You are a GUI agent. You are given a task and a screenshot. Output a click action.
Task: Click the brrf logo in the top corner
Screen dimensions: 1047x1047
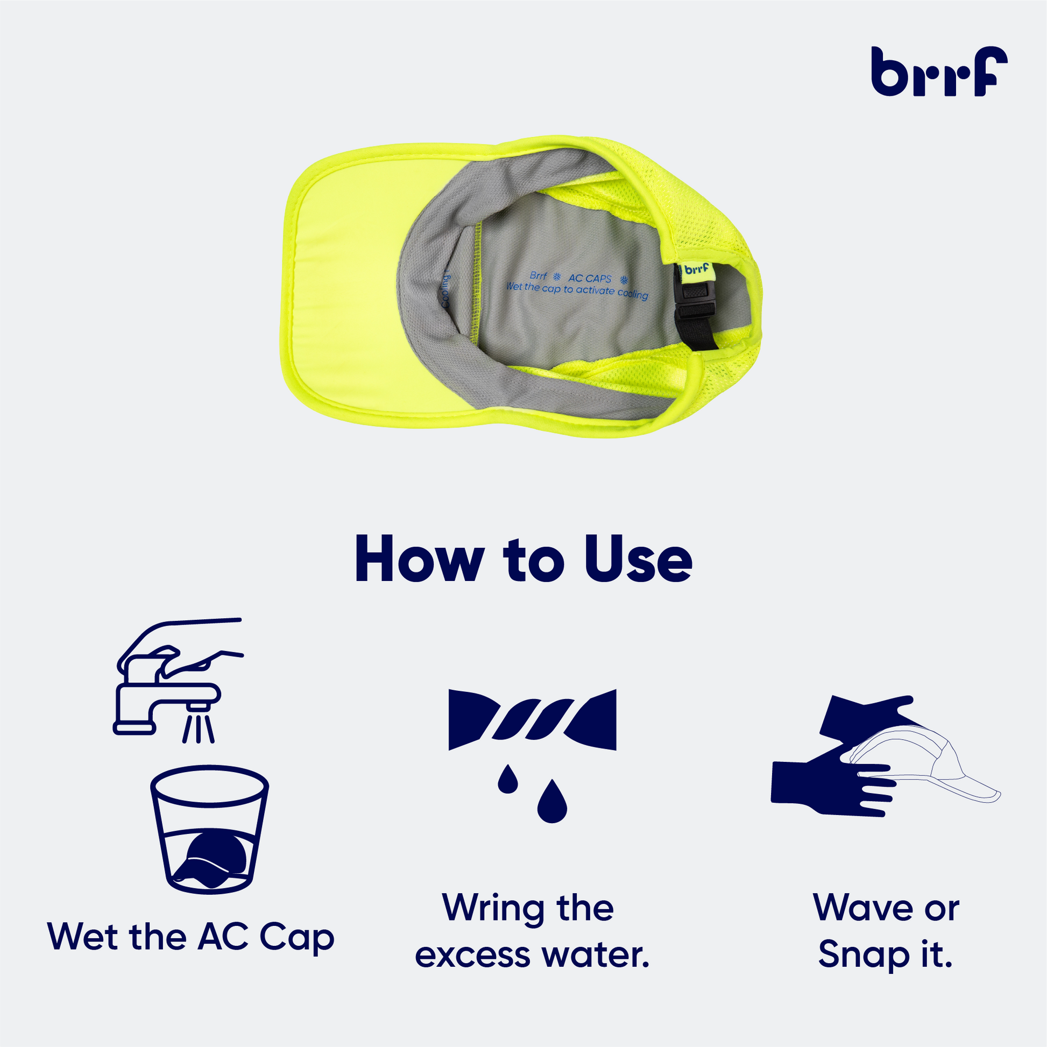[x=939, y=71]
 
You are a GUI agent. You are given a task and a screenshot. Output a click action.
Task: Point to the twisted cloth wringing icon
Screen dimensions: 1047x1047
[x=532, y=720]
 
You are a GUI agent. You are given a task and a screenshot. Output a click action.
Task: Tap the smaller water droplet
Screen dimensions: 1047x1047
[x=508, y=779]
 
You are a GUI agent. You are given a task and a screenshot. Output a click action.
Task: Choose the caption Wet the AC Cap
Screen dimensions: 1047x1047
[x=192, y=936]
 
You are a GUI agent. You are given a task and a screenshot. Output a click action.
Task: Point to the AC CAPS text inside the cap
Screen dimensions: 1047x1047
[x=590, y=279]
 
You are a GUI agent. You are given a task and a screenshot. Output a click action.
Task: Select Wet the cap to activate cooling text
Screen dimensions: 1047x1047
[x=577, y=291]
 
